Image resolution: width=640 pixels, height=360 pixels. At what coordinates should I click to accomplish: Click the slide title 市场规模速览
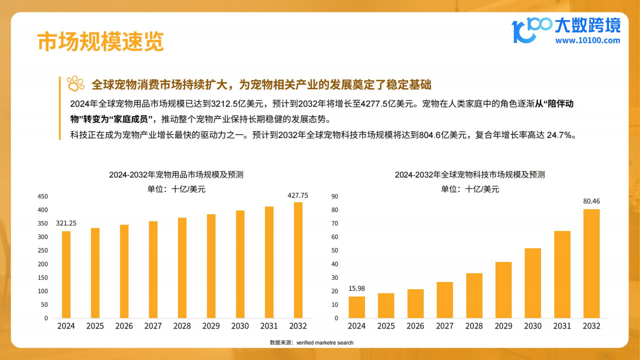click(x=100, y=42)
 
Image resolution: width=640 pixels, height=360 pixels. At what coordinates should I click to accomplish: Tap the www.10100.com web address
click(x=587, y=40)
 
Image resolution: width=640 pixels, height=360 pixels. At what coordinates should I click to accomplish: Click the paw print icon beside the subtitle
click(x=76, y=84)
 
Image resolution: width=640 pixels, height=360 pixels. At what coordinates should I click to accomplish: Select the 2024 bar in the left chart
click(x=66, y=274)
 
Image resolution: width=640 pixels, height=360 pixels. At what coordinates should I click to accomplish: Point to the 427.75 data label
click(x=298, y=195)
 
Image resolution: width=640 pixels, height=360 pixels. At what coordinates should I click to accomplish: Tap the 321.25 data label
click(x=66, y=223)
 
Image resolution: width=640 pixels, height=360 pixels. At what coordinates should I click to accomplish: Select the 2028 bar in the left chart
click(x=182, y=268)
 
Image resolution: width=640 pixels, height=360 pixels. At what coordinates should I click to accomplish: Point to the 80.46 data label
click(x=591, y=201)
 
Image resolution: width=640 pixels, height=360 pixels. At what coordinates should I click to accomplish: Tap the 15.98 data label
click(x=357, y=288)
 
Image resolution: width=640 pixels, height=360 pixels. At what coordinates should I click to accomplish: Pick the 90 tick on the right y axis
click(x=334, y=196)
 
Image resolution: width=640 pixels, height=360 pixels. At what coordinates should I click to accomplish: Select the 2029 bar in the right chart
click(x=504, y=290)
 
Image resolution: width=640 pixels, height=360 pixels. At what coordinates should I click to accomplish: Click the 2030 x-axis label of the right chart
click(x=533, y=326)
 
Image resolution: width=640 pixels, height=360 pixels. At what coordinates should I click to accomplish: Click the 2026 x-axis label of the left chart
click(x=124, y=326)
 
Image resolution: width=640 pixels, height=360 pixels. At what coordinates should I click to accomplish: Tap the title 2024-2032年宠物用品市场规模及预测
click(x=176, y=175)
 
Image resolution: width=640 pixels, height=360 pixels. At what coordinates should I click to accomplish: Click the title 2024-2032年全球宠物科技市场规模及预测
click(x=470, y=175)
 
